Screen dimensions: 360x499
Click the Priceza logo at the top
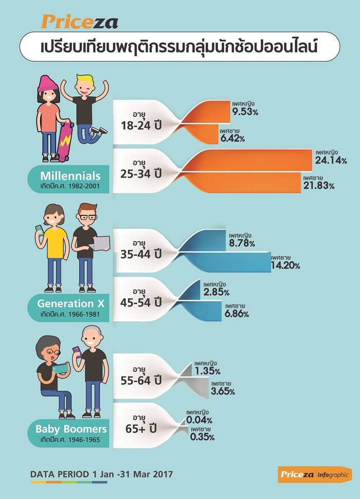coord(80,22)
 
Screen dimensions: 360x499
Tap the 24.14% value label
coord(331,160)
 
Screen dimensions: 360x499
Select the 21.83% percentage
coord(319,186)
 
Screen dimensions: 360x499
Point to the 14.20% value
coord(285,265)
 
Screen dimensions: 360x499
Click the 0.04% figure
coord(199,420)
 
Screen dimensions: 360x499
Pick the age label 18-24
coord(135,126)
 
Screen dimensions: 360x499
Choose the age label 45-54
coord(135,302)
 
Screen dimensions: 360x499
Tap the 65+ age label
coord(136,429)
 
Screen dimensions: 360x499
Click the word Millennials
coord(70,175)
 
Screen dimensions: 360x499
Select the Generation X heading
coord(70,304)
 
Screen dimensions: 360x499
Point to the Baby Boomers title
coord(71,429)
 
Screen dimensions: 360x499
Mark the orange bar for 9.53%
coord(207,112)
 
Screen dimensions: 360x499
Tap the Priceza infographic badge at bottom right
coord(315,475)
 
